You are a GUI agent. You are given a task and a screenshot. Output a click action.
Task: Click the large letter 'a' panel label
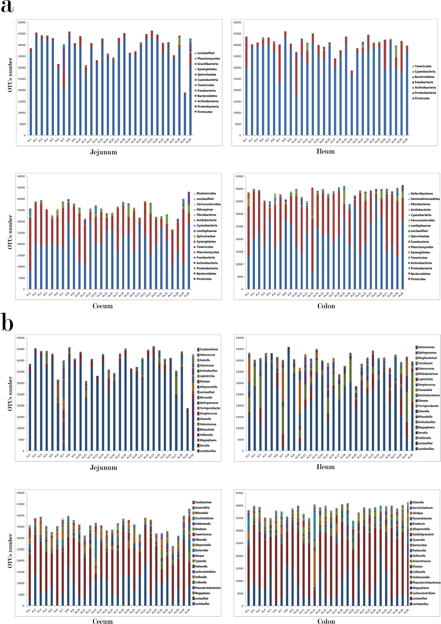pos(7,7)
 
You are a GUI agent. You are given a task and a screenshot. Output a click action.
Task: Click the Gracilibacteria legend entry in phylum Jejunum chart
pos(208,64)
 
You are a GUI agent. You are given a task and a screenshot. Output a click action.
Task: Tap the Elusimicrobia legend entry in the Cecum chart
pos(206,193)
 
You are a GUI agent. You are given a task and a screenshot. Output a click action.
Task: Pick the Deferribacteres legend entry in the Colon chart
pos(422,194)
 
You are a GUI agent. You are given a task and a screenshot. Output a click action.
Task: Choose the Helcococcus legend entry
pos(207,355)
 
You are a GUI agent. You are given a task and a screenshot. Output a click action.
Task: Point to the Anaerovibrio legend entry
pos(202,508)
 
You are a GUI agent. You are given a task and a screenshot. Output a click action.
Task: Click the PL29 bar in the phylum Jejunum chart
pos(185,114)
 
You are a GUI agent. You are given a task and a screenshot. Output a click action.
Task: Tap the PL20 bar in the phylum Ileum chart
pos(352,104)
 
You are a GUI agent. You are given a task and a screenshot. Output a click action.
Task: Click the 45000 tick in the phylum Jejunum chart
pos(22,34)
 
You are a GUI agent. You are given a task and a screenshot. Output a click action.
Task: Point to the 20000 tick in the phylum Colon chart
pos(239,239)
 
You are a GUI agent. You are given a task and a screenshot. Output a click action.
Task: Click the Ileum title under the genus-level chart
pos(325,467)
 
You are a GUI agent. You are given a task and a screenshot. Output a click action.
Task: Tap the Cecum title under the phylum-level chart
pos(103,306)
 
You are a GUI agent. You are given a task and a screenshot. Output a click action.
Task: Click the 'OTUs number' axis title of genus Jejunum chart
pos(10,393)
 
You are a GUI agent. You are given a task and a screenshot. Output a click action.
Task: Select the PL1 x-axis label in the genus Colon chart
pos(247,611)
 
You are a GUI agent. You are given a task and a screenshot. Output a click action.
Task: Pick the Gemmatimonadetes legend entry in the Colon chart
pos(425,199)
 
